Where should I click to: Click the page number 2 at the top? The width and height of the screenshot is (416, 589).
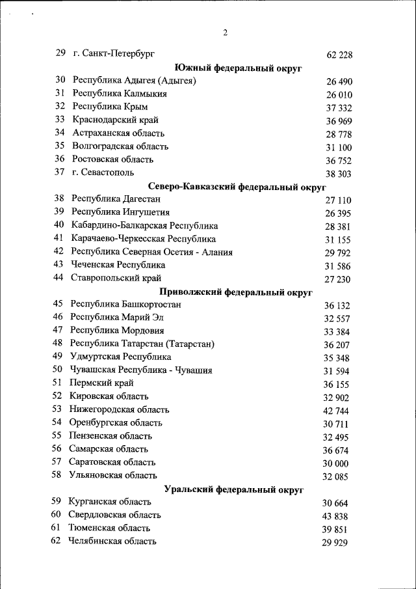pos(225,33)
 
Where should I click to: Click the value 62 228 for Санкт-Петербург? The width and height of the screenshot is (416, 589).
pos(339,55)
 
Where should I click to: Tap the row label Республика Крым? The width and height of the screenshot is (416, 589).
pos(110,107)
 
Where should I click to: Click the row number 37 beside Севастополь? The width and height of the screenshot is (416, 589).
pos(60,172)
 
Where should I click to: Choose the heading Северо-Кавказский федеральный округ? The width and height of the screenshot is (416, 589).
pos(237,187)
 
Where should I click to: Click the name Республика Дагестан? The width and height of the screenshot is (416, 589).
pos(116,199)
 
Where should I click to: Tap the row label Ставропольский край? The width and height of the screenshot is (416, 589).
pos(116,278)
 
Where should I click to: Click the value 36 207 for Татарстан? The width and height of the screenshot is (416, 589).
pos(337,345)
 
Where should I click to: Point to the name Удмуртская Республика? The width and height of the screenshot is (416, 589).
pos(120,357)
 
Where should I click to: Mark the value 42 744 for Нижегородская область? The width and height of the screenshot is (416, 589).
pos(336,411)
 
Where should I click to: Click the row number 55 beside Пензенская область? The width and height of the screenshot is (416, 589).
pos(57,435)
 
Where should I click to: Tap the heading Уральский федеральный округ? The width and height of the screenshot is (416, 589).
pos(234,489)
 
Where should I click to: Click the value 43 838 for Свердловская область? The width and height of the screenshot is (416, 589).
pos(335,516)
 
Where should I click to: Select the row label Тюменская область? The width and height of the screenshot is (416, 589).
pos(109,528)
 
